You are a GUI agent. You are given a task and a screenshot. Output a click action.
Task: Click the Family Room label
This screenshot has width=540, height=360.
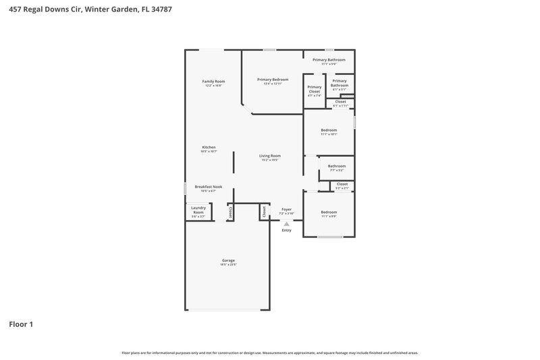point(213,82)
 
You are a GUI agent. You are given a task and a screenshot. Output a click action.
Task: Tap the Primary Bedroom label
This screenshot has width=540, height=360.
point(273,80)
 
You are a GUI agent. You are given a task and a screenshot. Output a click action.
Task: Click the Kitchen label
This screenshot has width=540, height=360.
point(209,147)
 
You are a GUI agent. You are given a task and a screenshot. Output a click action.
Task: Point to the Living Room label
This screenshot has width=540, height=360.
point(269,156)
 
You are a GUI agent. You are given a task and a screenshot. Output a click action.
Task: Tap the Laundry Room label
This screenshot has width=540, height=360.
point(198,210)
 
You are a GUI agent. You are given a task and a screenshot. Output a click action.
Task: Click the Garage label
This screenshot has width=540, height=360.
point(228,260)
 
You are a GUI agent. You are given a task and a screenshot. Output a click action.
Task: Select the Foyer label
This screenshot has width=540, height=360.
point(286,209)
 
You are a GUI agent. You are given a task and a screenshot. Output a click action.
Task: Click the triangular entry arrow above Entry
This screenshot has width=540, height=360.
point(286,224)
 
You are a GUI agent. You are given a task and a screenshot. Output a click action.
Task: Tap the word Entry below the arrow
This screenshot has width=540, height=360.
point(286,230)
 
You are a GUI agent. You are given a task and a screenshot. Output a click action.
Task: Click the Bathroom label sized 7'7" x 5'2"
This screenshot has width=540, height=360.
point(337,166)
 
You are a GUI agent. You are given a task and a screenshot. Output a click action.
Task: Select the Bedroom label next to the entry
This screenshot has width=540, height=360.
point(329,212)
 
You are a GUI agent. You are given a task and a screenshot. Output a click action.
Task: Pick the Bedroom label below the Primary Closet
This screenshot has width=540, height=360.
point(329,130)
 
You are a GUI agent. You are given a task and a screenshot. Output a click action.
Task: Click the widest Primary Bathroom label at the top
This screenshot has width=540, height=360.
point(329,60)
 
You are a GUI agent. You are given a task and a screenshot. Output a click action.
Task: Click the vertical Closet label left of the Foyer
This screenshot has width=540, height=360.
point(264,211)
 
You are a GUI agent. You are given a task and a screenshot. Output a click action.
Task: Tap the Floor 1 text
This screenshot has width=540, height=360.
point(21,324)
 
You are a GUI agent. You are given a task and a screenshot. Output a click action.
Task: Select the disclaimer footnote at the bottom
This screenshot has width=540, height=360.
point(269,353)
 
